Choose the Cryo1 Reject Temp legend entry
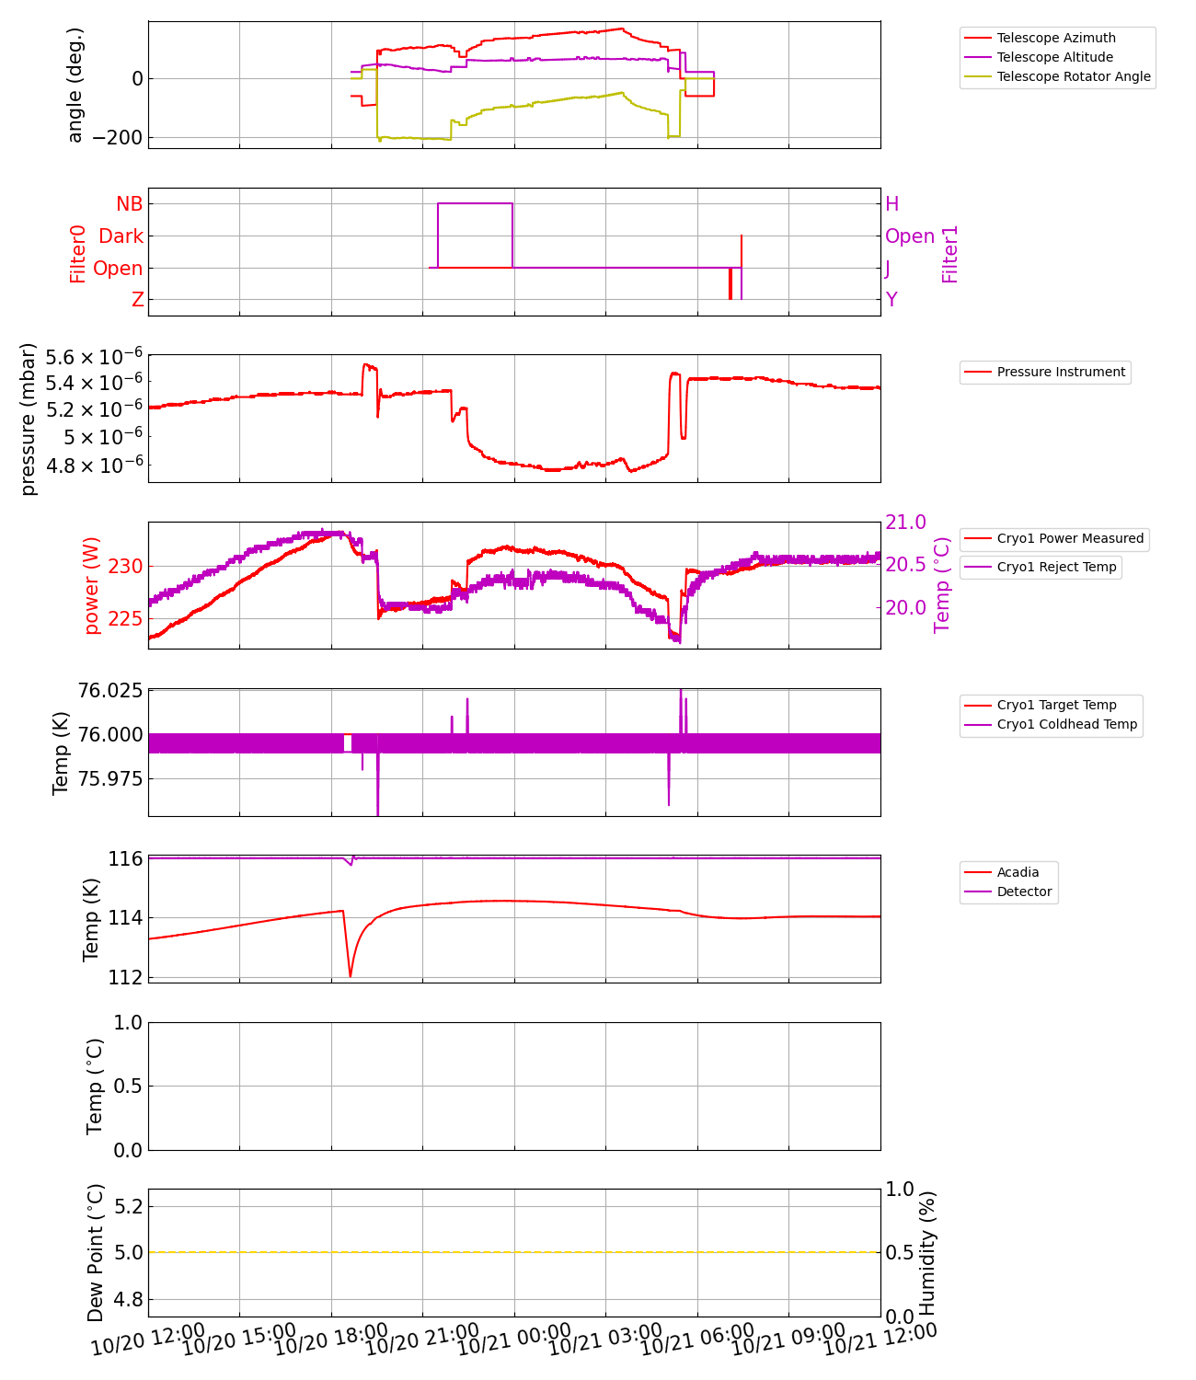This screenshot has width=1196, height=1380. click(x=1056, y=567)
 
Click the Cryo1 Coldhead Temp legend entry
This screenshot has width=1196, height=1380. click(x=1066, y=724)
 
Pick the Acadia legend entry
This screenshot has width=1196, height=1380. click(x=1018, y=872)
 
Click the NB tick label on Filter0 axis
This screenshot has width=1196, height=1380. click(x=129, y=203)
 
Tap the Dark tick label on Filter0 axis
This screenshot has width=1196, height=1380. click(x=121, y=236)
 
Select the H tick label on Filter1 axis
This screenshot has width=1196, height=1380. click(x=891, y=203)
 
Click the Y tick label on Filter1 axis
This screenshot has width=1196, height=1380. click(x=891, y=300)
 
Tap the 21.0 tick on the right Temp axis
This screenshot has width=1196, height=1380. click(x=905, y=523)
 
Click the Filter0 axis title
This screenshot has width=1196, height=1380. click(x=77, y=254)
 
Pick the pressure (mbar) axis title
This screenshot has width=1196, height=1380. click(x=29, y=419)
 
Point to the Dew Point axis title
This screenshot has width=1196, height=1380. click(x=96, y=1253)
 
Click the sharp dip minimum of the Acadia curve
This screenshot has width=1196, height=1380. click(x=351, y=976)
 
